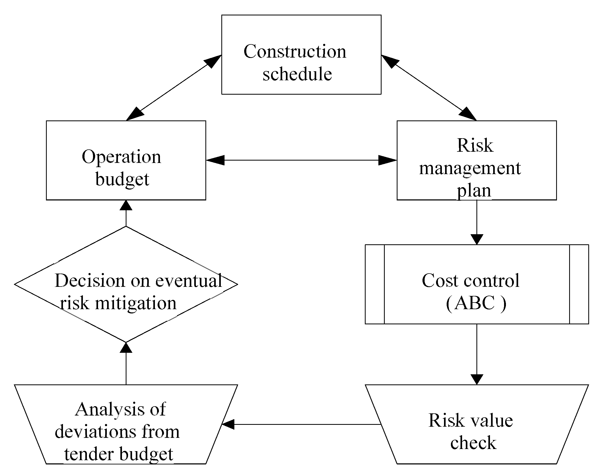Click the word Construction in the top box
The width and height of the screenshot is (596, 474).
pos(295,52)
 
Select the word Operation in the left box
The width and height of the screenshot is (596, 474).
pos(121,157)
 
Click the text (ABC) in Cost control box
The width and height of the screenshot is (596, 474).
pos(476,303)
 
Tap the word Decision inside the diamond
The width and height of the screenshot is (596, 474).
pos(90,281)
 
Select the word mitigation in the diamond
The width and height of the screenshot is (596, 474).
pos(136,303)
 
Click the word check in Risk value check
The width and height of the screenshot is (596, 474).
pos(473,443)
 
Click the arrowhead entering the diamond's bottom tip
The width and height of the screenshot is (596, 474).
pos(126,348)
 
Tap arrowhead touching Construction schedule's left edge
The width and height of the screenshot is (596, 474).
pos(213,61)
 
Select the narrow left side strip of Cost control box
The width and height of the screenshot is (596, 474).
pos(375,284)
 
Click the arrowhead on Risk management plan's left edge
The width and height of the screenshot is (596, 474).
pos(388,160)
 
